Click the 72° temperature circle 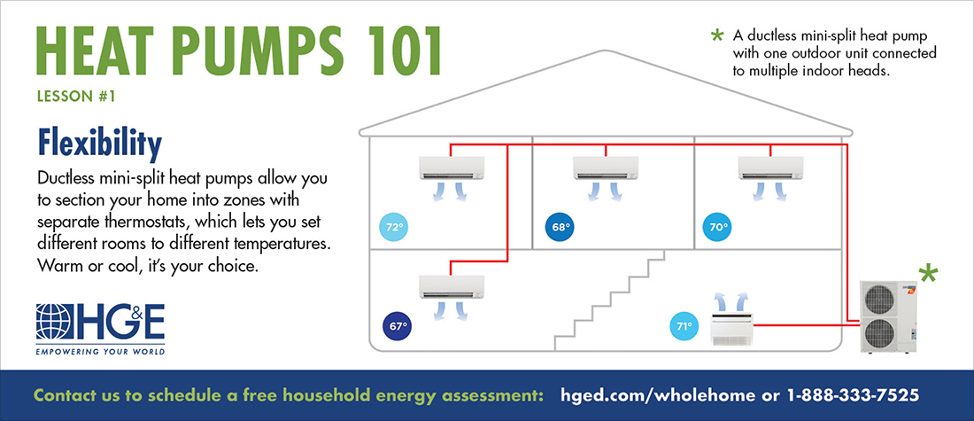pos(392,228)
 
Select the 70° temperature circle pos(717,228)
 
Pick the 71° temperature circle pos(684,325)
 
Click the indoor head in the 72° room pos(452,168)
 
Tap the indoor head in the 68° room pos(606,168)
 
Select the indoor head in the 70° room pos(771,168)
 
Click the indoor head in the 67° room pos(452,286)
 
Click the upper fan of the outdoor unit pos(879,300)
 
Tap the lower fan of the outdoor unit pos(879,334)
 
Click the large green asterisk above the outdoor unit pos(929,274)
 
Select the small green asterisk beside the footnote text pos(718,36)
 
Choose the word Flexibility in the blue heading pos(100,144)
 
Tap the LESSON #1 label pos(76,97)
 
